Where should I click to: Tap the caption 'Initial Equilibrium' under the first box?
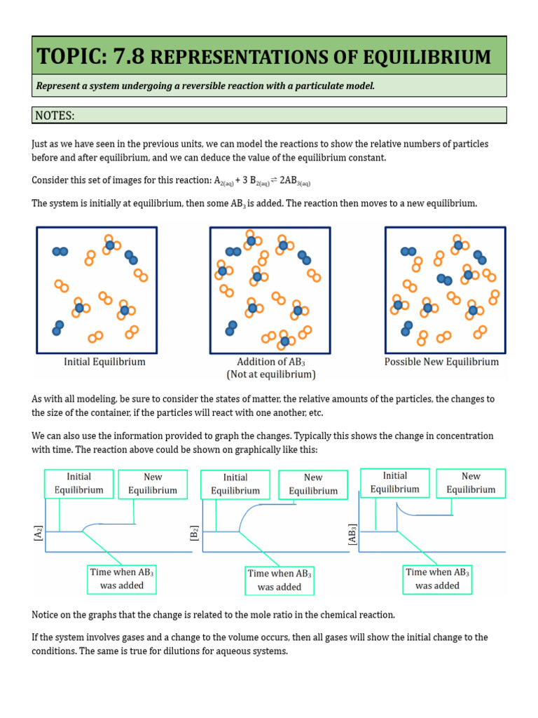(104, 362)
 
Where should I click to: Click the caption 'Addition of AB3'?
(271, 362)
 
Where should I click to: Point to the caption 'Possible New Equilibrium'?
(441, 362)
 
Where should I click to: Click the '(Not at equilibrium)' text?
(271, 374)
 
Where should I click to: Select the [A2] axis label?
(37, 535)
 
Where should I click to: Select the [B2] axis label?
(194, 535)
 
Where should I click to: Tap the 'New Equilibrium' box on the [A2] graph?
(153, 484)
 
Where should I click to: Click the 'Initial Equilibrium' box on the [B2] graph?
(235, 485)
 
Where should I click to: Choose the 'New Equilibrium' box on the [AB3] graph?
(471, 482)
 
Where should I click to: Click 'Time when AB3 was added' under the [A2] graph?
(122, 578)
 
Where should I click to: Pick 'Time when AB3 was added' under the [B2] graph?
(279, 581)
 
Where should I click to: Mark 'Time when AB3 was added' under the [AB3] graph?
(437, 578)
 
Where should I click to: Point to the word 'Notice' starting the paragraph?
(46, 615)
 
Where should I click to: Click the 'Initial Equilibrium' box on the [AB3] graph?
(394, 482)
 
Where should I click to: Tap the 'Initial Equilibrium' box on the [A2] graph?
(78, 484)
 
